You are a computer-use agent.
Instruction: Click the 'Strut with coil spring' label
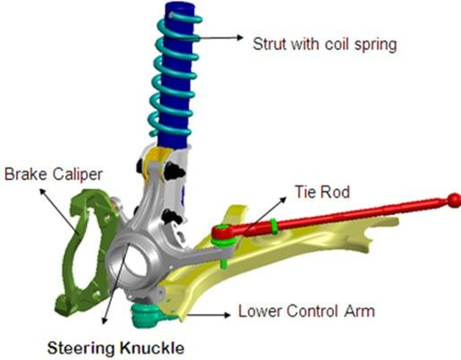coord(325,45)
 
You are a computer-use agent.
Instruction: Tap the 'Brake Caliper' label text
coord(54,175)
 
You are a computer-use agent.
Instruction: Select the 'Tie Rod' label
coord(322,192)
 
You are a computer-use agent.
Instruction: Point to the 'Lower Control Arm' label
coord(306,311)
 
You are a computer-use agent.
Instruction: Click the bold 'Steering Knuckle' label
coord(115,348)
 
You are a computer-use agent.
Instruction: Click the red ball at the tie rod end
coord(454,201)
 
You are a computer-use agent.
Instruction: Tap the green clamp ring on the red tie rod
coord(274,227)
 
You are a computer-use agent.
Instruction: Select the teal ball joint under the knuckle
coord(146,315)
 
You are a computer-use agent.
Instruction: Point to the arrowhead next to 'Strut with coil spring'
coord(240,38)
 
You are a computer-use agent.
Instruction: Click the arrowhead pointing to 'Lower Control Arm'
coord(227,315)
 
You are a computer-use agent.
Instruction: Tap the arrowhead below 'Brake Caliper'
coord(43,192)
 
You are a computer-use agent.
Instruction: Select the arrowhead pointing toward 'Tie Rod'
coord(283,200)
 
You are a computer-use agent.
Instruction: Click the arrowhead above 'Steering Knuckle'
coord(104,321)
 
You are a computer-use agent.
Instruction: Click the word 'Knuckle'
coord(152,348)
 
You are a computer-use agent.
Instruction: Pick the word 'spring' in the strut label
coord(376,46)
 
